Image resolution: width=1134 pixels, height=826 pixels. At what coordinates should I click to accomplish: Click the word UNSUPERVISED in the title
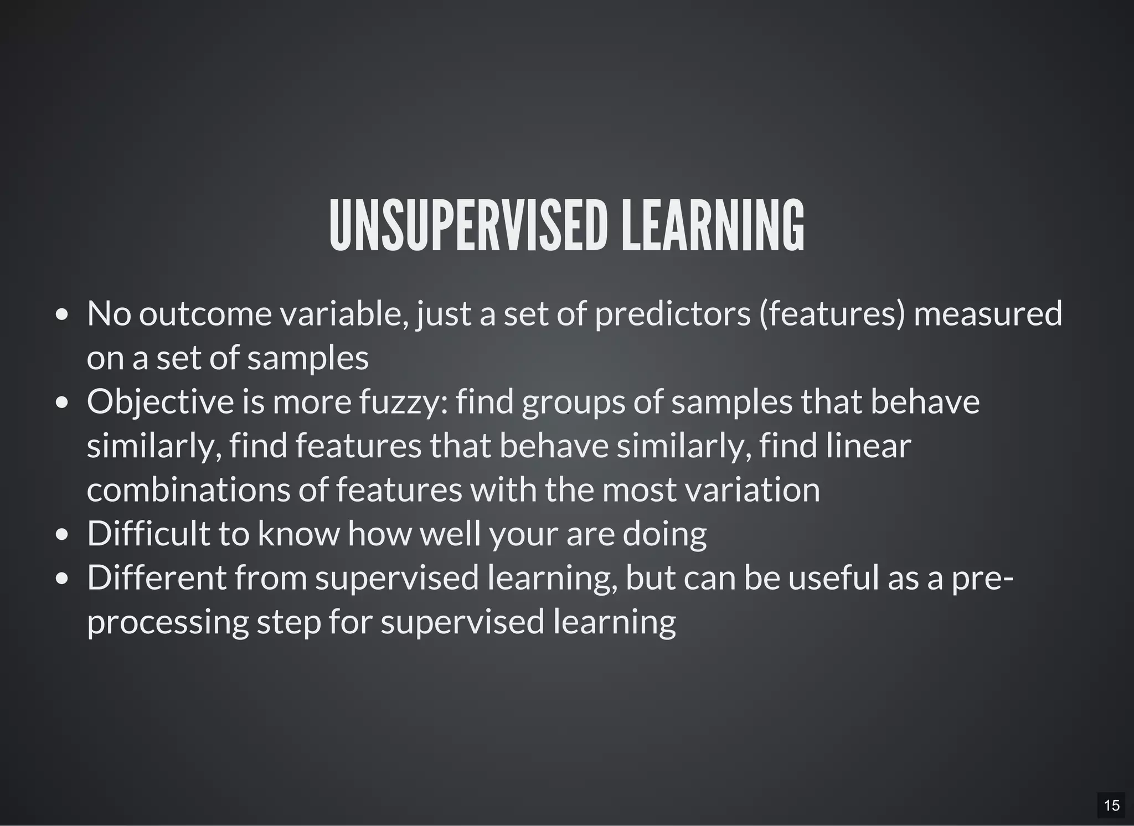[x=468, y=226]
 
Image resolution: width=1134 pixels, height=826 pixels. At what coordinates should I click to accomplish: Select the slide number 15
[x=1111, y=805]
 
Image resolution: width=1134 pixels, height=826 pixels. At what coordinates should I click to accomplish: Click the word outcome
[x=205, y=313]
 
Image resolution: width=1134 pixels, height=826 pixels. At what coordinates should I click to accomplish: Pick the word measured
[x=987, y=313]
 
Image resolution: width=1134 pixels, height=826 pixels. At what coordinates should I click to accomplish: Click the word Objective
[x=160, y=402]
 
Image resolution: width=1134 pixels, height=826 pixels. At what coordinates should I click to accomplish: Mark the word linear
[x=868, y=446]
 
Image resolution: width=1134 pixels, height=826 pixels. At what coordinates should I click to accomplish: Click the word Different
[x=157, y=577]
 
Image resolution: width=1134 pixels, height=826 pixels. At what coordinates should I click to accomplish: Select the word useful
[x=833, y=577]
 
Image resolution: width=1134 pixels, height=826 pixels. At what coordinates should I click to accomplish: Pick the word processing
[x=168, y=622]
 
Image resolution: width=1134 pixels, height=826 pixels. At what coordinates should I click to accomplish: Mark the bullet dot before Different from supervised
[x=62, y=579]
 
